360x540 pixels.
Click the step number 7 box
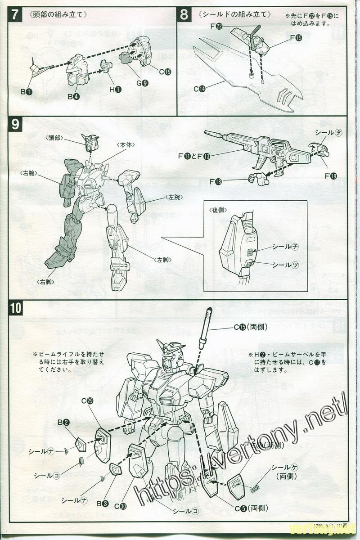coord(15,14)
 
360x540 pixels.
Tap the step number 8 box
coord(184,14)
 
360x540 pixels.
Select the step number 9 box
coord(15,123)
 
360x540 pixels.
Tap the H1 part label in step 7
coord(115,89)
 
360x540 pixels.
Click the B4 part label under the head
coord(73,96)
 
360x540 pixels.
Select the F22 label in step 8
coord(216,26)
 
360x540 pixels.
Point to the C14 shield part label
coord(199,89)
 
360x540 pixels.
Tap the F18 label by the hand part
coord(216,181)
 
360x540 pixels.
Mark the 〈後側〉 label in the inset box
coord(217,210)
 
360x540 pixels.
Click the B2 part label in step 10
coord(63,422)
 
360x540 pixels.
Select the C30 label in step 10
coord(120,505)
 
